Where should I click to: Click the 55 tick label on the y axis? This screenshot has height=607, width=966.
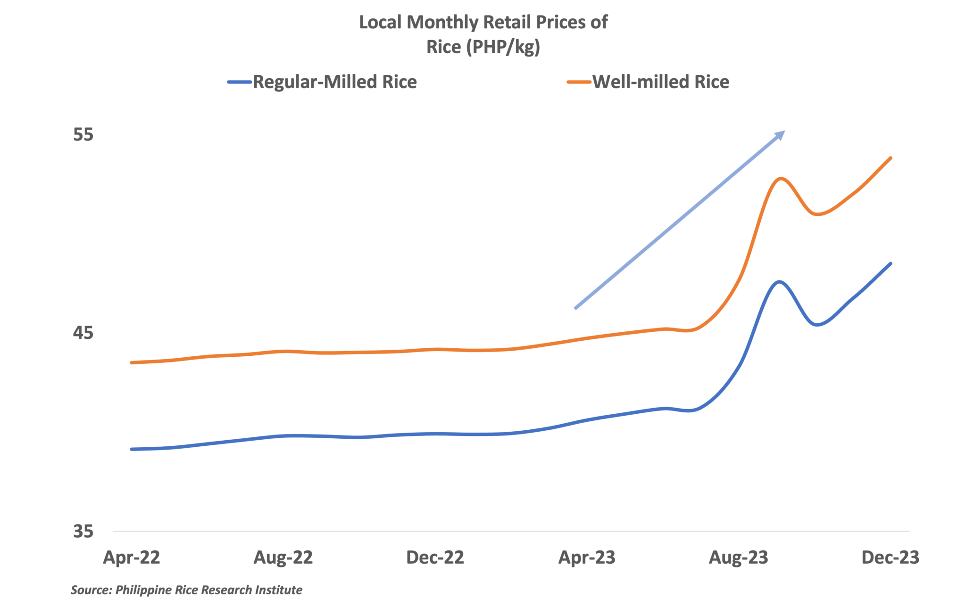pyautogui.click(x=83, y=135)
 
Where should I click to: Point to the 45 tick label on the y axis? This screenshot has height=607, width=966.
pyautogui.click(x=83, y=333)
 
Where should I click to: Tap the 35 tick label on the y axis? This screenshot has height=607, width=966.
pyautogui.click(x=83, y=532)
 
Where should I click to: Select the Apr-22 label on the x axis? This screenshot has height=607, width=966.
pyautogui.click(x=132, y=558)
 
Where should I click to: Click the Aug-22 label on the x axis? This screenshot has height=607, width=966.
pyautogui.click(x=283, y=558)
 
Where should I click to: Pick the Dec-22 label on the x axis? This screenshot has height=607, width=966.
pyautogui.click(x=435, y=558)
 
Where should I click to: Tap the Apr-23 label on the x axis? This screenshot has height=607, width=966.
pyautogui.click(x=587, y=558)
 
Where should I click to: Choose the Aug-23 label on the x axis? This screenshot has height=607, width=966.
pyautogui.click(x=739, y=558)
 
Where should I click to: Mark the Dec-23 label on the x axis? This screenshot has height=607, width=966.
pyautogui.click(x=890, y=558)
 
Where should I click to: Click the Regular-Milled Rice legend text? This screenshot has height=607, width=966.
pyautogui.click(x=335, y=82)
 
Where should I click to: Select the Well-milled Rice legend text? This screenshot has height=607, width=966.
pyautogui.click(x=660, y=82)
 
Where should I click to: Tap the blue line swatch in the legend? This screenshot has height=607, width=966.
pyautogui.click(x=240, y=82)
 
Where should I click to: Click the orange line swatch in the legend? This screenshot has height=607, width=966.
pyautogui.click(x=579, y=82)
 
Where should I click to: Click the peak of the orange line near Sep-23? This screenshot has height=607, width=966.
pyautogui.click(x=782, y=179)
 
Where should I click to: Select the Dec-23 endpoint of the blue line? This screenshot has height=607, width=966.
pyautogui.click(x=891, y=263)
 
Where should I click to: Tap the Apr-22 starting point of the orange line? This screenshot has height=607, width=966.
pyautogui.click(x=132, y=362)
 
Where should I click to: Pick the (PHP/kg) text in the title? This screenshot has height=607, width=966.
pyautogui.click(x=503, y=47)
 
